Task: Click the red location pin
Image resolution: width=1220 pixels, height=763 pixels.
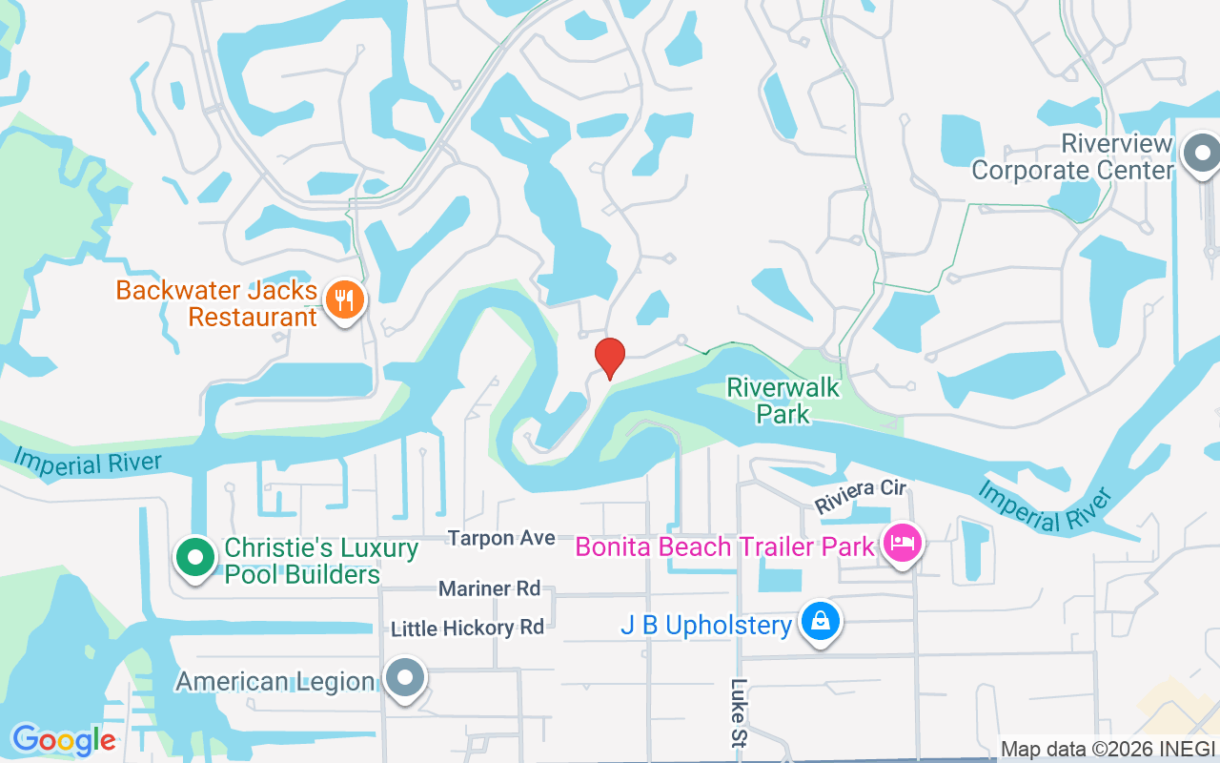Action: click(610, 357)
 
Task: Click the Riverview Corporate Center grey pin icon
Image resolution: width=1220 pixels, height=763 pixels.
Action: click(1201, 154)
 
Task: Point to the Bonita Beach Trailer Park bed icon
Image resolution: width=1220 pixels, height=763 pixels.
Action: click(902, 545)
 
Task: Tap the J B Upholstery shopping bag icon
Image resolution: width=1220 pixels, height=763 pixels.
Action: click(820, 623)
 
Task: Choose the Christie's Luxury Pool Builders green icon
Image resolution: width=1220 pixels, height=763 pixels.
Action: click(195, 556)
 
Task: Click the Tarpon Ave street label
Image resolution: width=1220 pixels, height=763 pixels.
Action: click(501, 538)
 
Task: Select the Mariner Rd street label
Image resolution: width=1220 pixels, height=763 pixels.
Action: click(489, 588)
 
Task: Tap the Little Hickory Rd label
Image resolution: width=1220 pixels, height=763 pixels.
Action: click(467, 628)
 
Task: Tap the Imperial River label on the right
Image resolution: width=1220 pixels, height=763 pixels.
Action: click(1046, 506)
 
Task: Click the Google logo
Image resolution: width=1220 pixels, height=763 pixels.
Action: click(63, 740)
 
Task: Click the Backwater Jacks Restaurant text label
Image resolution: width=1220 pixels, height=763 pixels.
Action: click(216, 302)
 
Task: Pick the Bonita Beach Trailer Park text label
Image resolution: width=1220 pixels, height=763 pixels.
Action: click(724, 546)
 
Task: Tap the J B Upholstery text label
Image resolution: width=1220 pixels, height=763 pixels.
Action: click(705, 626)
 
